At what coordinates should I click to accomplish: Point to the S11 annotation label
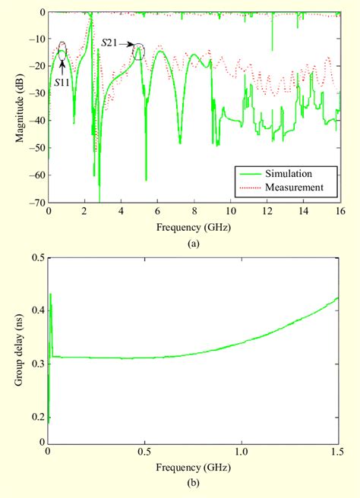point(62,81)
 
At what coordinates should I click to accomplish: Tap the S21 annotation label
point(111,45)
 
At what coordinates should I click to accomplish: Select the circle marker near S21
point(139,52)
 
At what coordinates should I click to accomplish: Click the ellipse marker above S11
point(62,51)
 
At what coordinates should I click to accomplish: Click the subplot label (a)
point(193,242)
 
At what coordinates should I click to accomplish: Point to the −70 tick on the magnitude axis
point(36,203)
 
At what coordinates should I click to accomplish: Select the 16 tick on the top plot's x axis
point(339,212)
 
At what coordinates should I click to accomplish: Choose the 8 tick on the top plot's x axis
point(193,212)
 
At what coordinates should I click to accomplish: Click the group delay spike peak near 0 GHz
point(50,294)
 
